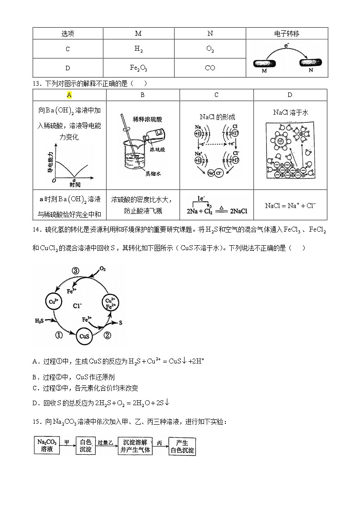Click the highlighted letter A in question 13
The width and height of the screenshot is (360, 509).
coord(69,95)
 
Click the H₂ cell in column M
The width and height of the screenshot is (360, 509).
coord(139,49)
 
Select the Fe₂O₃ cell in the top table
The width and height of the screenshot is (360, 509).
coord(139,68)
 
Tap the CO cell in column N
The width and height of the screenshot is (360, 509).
coord(210,68)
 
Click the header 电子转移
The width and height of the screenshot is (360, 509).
coord(287,34)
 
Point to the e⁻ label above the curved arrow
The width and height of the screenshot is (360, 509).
coord(287,46)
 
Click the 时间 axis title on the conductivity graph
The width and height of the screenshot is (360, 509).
coord(75,184)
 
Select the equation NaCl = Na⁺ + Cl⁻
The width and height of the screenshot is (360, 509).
coord(290,205)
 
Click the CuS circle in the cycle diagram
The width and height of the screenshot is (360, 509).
coord(84,337)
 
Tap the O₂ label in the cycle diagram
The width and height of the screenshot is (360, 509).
coord(103,269)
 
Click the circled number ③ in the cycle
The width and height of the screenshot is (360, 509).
coord(76,271)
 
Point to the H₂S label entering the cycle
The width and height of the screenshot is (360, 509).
coord(40,321)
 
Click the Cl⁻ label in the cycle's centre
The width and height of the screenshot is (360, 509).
coord(78,305)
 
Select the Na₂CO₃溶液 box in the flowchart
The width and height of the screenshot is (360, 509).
coord(47,445)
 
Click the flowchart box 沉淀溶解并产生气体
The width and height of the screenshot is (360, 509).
coord(135,446)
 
